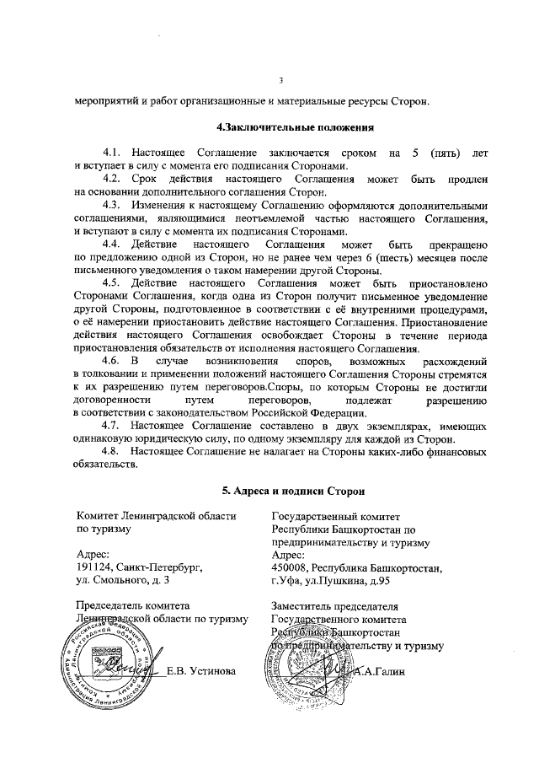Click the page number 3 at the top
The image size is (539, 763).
coord(282,80)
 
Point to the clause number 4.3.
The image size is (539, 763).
coord(112,206)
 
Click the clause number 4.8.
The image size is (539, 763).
coord(112,454)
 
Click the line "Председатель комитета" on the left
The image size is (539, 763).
coord(138,606)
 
